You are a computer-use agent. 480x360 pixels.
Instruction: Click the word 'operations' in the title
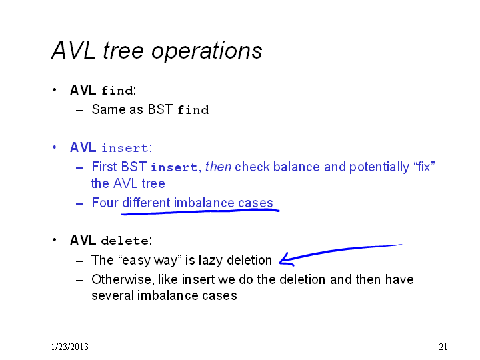pyautogui.click(x=207, y=51)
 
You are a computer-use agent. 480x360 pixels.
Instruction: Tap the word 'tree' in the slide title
pyautogui.click(x=123, y=50)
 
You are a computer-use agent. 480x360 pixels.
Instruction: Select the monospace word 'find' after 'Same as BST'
pyautogui.click(x=193, y=110)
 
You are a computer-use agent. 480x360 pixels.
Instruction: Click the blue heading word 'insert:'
pyautogui.click(x=127, y=148)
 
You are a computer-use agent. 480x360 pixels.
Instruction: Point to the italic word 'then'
pyautogui.click(x=218, y=167)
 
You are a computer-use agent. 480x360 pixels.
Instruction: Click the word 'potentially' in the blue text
pyautogui.click(x=379, y=167)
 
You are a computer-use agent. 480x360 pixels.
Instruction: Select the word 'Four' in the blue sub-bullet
pyautogui.click(x=105, y=203)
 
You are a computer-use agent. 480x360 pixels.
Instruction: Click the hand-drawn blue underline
pyautogui.click(x=200, y=212)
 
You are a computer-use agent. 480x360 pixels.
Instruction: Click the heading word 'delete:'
pyautogui.click(x=127, y=241)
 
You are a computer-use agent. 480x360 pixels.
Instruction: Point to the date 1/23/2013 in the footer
pyautogui.click(x=70, y=347)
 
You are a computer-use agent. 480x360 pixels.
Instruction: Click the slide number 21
pyautogui.click(x=443, y=347)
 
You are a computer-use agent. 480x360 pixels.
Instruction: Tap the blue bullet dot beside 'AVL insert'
pyautogui.click(x=54, y=147)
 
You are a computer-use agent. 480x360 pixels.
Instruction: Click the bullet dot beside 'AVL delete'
pyautogui.click(x=54, y=240)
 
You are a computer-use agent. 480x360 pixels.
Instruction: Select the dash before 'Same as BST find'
pyautogui.click(x=79, y=110)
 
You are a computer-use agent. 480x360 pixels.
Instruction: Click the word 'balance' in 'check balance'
pyautogui.click(x=297, y=167)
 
